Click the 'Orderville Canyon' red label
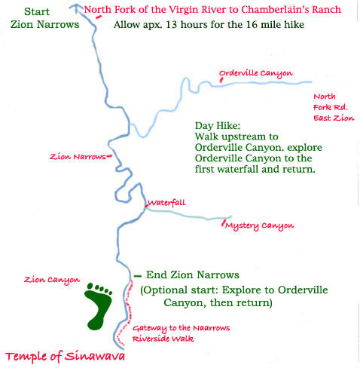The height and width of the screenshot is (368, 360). [256, 74]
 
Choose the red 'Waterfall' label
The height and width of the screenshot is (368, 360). [166, 203]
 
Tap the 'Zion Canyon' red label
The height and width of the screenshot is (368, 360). [52, 280]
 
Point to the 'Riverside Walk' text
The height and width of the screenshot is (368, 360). [163, 339]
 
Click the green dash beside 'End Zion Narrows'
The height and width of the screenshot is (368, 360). [137, 275]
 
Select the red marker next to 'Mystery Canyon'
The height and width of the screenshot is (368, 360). [221, 224]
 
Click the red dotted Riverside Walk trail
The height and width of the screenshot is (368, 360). [128, 317]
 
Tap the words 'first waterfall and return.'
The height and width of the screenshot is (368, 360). [254, 170]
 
